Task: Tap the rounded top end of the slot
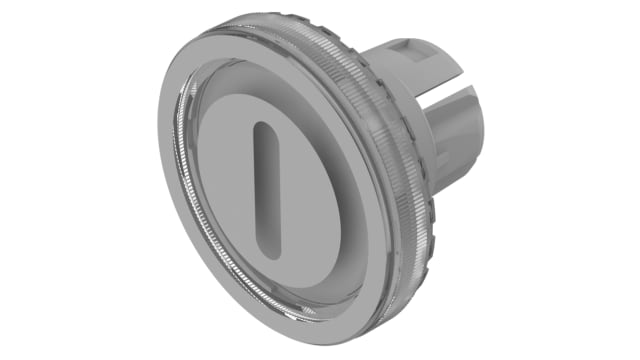coord(263,130)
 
